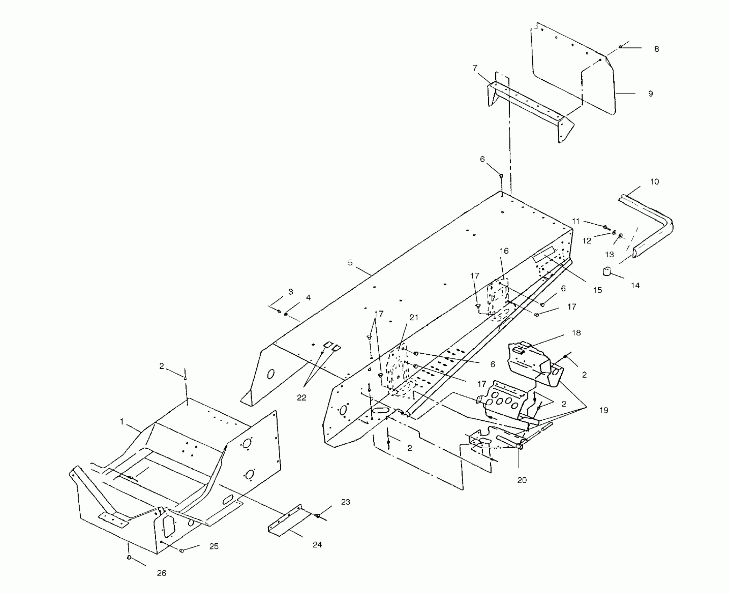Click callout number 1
(x=122, y=422)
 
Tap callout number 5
(x=350, y=263)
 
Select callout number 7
(x=475, y=68)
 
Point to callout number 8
(x=656, y=49)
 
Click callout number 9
(x=650, y=94)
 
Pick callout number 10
(x=654, y=182)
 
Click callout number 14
(x=635, y=285)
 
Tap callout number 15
(x=597, y=290)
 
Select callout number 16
(x=504, y=251)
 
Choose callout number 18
(x=576, y=333)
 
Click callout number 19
(x=604, y=410)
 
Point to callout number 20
(x=522, y=480)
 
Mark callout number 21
(x=414, y=318)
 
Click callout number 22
(x=301, y=398)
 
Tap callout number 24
(x=317, y=544)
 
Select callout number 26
(x=161, y=573)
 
